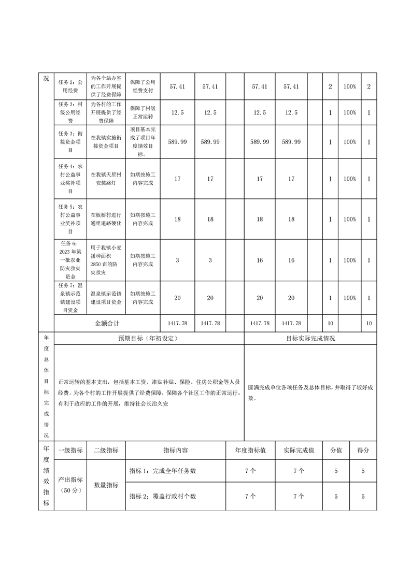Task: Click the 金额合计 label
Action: click(x=107, y=323)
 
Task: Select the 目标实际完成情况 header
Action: click(x=310, y=338)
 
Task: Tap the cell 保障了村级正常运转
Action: click(x=143, y=112)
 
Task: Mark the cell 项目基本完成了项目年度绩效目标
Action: click(x=143, y=141)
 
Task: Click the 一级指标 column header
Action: click(x=70, y=451)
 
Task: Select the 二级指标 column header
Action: click(x=106, y=451)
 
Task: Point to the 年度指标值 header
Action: click(x=250, y=451)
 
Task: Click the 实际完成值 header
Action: click(x=299, y=451)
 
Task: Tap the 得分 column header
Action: click(x=363, y=451)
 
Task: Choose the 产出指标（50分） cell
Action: click(x=70, y=485)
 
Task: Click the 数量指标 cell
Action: click(x=106, y=485)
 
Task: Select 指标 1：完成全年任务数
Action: click(x=163, y=471)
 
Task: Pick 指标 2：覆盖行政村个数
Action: click(x=163, y=496)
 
